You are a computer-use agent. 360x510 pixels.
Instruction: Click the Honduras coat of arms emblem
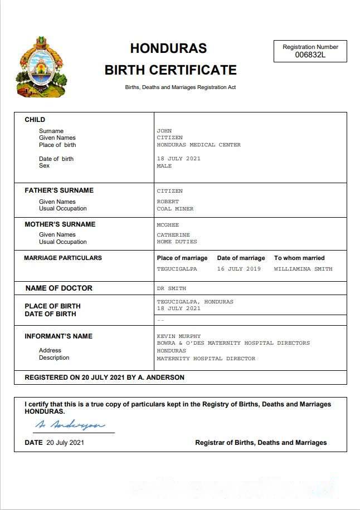(x=42, y=67)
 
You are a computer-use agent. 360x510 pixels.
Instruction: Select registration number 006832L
(x=310, y=55)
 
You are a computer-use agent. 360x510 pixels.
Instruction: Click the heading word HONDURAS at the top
(x=168, y=48)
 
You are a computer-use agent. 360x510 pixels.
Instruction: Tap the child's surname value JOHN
(x=164, y=131)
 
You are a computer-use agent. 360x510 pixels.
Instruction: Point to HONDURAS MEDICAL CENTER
(x=198, y=145)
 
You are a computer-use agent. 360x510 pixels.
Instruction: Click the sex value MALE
(x=164, y=166)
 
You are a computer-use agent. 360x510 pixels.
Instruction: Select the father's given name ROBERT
(x=168, y=202)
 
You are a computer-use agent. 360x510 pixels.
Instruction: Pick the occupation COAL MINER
(x=175, y=209)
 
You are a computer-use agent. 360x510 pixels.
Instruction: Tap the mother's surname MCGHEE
(x=168, y=225)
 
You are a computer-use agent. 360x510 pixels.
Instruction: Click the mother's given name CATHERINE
(x=173, y=235)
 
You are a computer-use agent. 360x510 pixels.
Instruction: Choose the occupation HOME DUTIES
(x=177, y=242)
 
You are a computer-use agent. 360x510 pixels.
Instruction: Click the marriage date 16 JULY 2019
(x=239, y=269)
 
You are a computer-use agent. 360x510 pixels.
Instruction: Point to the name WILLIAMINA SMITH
(x=303, y=269)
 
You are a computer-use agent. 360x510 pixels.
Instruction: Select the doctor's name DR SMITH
(x=171, y=288)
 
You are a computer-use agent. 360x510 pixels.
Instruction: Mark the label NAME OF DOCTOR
(x=59, y=288)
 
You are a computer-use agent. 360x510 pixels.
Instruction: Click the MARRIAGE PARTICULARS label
(x=63, y=258)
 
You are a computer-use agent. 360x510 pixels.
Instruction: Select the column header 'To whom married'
(x=299, y=258)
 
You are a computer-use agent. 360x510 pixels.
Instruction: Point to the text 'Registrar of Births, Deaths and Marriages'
(x=261, y=443)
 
